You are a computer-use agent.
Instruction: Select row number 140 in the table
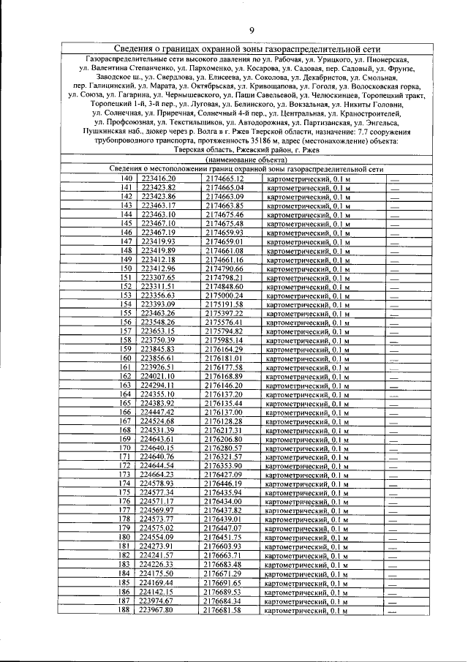tap(126, 178)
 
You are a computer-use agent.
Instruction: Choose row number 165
tap(126, 403)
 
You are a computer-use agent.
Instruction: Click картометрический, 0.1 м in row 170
tap(308, 448)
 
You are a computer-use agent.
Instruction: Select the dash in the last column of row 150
tap(394, 268)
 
